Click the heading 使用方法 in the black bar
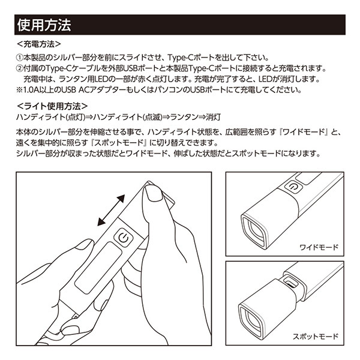pyautogui.click(x=44, y=25)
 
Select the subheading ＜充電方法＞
pyautogui.click(x=39, y=44)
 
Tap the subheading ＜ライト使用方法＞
pyautogui.click(x=52, y=106)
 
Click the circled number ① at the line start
pyautogui.click(x=19, y=58)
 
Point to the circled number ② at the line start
pyautogui.click(x=19, y=68)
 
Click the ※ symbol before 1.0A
pyautogui.click(x=19, y=90)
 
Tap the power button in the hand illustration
pyautogui.click(x=124, y=238)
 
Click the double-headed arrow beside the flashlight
pyautogui.click(x=111, y=211)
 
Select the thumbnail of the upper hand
pyautogui.click(x=154, y=192)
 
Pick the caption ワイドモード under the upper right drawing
pyautogui.click(x=319, y=247)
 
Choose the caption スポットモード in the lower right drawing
pyautogui.click(x=316, y=337)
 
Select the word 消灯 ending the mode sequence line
pyautogui.click(x=213, y=117)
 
